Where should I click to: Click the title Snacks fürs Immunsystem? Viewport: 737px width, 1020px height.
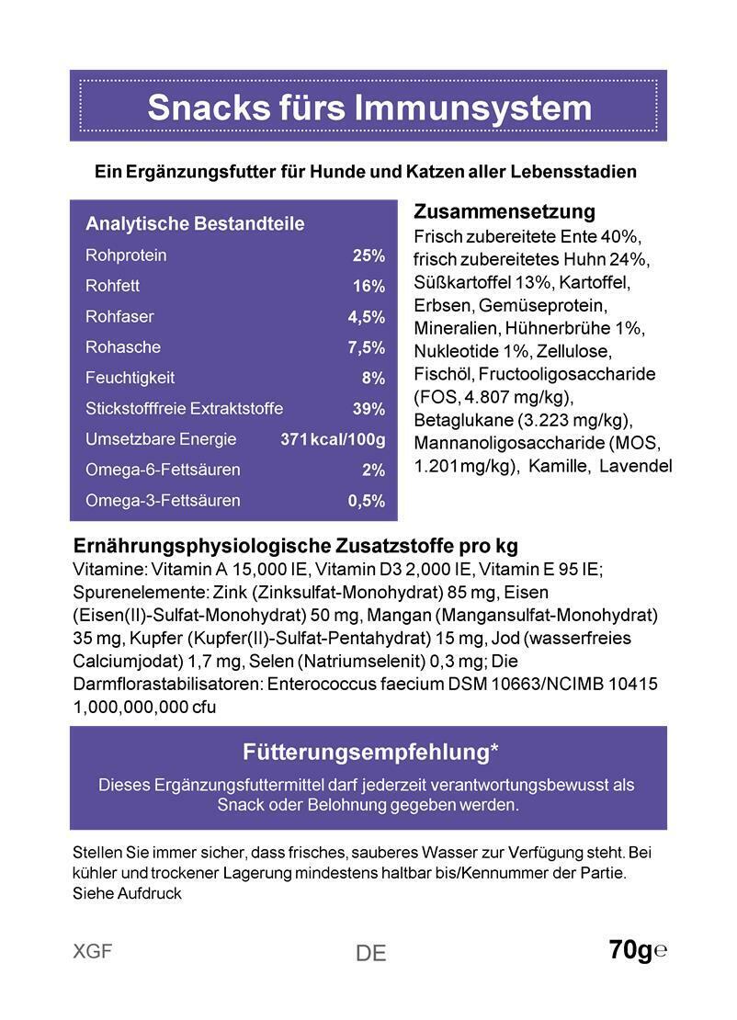point(368,108)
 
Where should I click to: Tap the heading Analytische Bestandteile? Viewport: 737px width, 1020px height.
point(195,224)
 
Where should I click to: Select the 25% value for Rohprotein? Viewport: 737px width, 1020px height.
point(368,255)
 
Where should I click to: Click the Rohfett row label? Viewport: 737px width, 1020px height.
point(112,286)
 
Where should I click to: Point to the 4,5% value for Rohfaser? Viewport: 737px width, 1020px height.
point(366,317)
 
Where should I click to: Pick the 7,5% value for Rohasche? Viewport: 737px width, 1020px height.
point(366,347)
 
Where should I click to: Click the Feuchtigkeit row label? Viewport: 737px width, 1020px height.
point(130,378)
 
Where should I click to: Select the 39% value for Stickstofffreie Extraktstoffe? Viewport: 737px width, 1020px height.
point(368,409)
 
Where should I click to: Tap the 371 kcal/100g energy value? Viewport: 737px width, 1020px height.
point(333,439)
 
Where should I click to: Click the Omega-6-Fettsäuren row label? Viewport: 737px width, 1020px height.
point(162,470)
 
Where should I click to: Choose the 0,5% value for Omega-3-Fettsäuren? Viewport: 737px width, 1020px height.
point(366,501)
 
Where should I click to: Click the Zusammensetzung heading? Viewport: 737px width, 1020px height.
point(505,212)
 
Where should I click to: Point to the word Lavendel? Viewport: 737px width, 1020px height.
point(635,466)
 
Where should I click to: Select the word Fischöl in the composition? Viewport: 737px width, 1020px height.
point(444,374)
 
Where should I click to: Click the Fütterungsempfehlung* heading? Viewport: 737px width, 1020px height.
point(370,752)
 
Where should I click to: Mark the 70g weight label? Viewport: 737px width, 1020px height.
point(630,950)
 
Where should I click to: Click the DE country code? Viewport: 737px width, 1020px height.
point(370,954)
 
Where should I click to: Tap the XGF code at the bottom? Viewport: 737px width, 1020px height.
point(92,952)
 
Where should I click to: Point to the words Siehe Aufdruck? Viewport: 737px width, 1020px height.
point(127,893)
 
